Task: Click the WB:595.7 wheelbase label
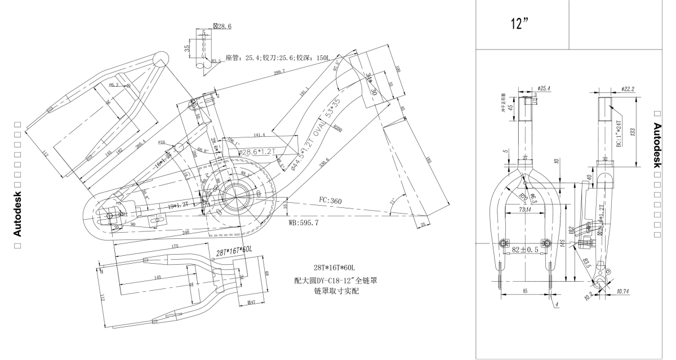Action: point(303,223)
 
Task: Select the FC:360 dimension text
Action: point(331,201)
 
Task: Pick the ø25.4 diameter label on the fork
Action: point(543,88)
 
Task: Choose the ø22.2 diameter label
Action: point(628,88)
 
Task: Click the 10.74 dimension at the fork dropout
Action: point(622,291)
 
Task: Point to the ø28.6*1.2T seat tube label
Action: point(256,152)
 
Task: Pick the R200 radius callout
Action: point(337,128)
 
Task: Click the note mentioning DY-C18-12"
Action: point(337,280)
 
